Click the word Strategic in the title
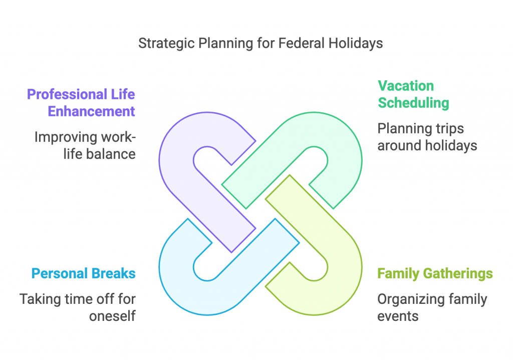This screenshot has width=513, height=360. coord(167,44)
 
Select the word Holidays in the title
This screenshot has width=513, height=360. coord(356,44)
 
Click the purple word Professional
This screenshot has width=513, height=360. coord(68,94)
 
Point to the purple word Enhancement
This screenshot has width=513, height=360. coord(91,111)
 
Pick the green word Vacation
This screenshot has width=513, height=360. coord(406,86)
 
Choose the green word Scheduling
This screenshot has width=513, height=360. coord(413,103)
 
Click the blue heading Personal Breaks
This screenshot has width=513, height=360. coord(84,274)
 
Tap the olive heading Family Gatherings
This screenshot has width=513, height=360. coord(435,274)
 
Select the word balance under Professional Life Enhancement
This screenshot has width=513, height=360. coord(111,154)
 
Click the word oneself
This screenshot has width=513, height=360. coord(112,316)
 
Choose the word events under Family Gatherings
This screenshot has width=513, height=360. coord(398,316)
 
